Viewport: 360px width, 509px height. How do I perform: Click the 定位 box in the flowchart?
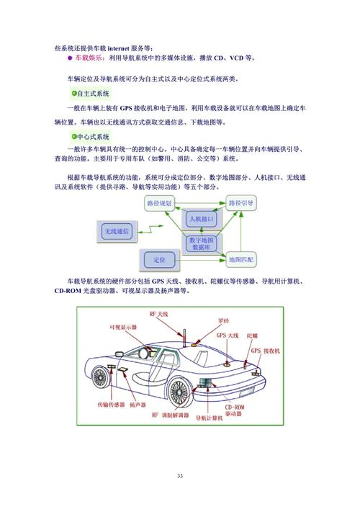pos(159,258)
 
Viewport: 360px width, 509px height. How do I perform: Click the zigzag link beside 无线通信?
pos(148,229)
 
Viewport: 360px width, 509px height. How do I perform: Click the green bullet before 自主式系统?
pos(73,94)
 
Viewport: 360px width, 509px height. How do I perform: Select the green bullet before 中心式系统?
pos(73,137)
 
